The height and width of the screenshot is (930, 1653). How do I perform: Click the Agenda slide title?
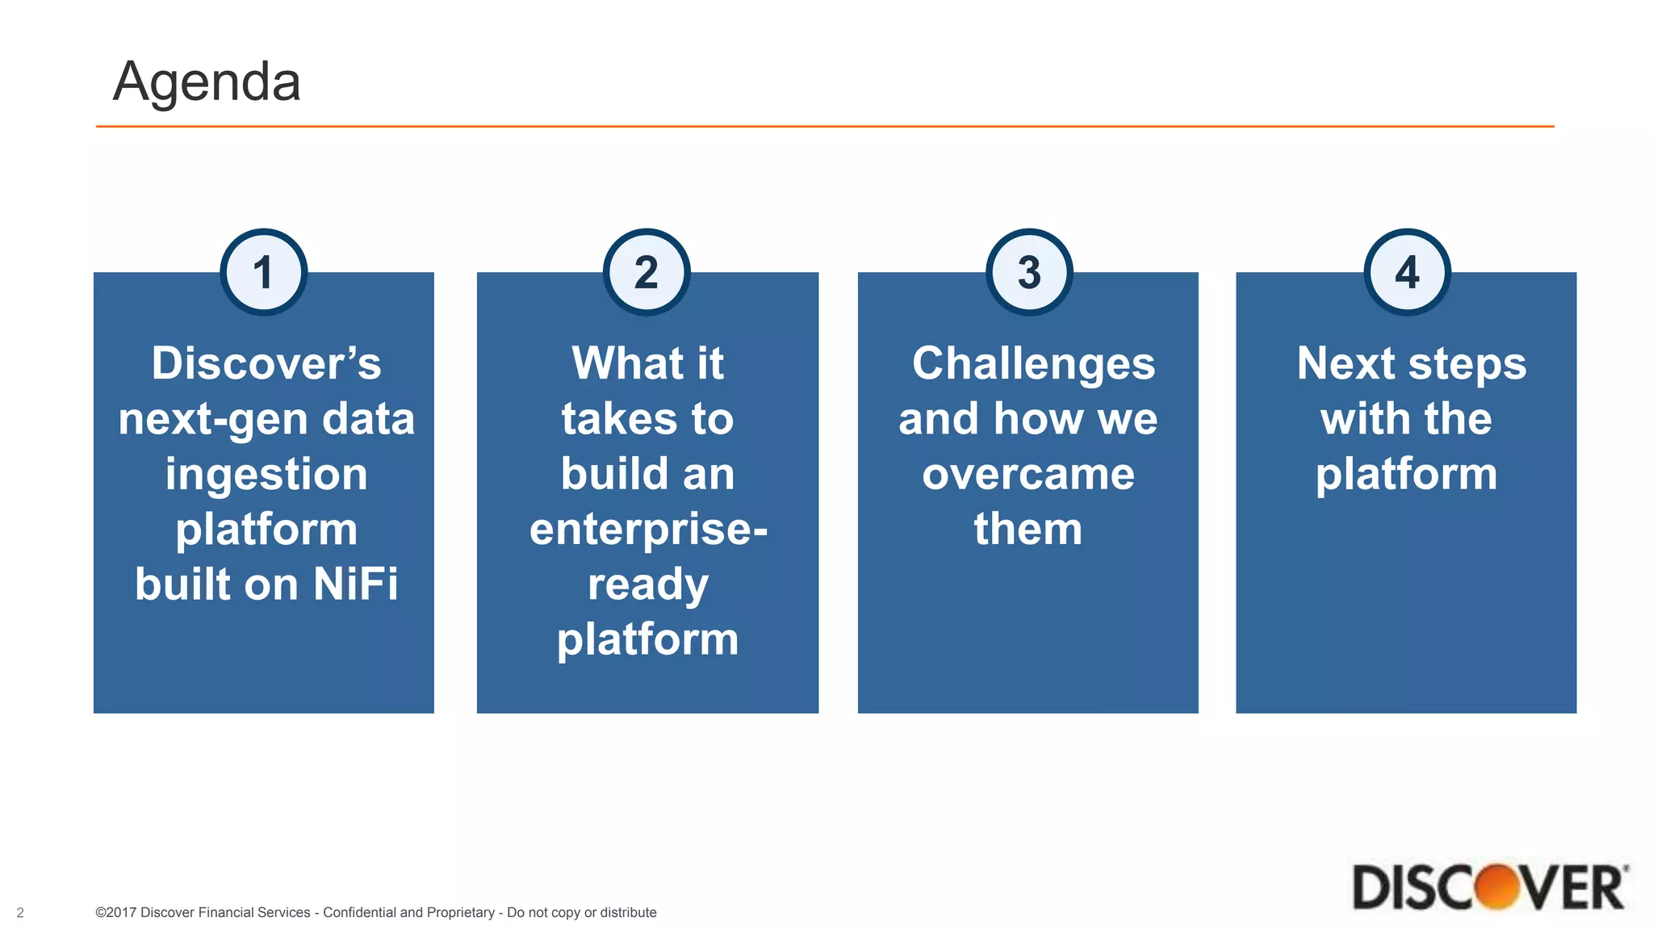(207, 82)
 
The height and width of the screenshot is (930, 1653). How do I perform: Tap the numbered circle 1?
(263, 272)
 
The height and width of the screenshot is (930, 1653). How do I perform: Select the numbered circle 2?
(646, 272)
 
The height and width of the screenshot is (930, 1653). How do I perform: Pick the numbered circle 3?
(1029, 272)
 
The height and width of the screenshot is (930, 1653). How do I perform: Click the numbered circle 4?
(1407, 272)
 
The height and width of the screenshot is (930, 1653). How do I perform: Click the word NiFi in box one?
(356, 584)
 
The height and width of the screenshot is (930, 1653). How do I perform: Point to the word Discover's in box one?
(266, 363)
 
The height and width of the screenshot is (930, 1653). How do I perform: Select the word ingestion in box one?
(266, 475)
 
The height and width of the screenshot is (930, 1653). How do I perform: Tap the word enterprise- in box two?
(648, 530)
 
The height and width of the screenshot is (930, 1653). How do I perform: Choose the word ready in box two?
(648, 584)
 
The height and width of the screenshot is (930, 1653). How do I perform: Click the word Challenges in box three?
(1033, 363)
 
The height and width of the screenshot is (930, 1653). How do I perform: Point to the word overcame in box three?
(1028, 474)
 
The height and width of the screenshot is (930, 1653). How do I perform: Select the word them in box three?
(1027, 529)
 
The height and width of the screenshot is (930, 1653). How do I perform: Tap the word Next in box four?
(1346, 363)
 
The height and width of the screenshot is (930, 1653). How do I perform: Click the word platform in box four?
(1406, 474)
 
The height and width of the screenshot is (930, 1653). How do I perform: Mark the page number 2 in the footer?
(20, 913)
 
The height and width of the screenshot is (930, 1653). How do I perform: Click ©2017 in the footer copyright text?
(115, 912)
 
